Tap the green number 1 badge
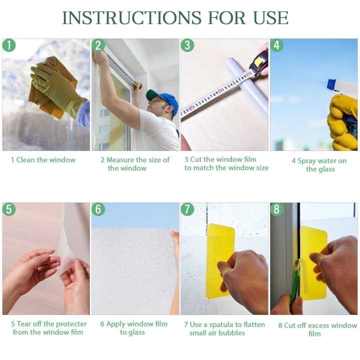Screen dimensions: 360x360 (9, 45)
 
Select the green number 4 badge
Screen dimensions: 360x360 (276, 45)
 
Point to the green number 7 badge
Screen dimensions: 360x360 (187, 209)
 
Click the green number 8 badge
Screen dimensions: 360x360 (276, 209)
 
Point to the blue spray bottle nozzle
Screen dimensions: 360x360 (332, 84)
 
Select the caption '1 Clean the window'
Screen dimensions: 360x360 (43, 160)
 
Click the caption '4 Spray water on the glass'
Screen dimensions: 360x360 (319, 165)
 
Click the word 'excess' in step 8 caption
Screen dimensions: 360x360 (320, 325)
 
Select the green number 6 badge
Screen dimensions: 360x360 (98, 209)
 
